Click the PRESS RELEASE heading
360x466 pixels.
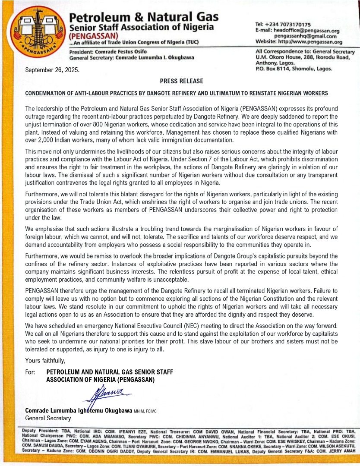click(x=181, y=81)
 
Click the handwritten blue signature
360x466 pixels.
click(x=108, y=394)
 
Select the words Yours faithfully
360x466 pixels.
click(x=45, y=361)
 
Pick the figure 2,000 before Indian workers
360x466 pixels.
click(x=49, y=140)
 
